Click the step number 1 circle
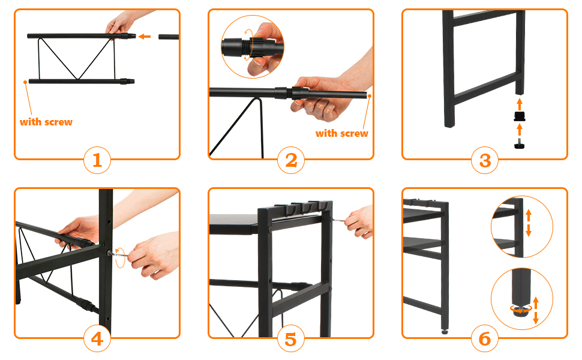pyautogui.click(x=97, y=160)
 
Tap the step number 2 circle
pyautogui.click(x=291, y=160)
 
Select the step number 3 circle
pyautogui.click(x=485, y=160)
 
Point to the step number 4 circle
pyautogui.click(x=97, y=338)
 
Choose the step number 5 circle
pyautogui.click(x=291, y=338)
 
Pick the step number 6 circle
pyautogui.click(x=485, y=338)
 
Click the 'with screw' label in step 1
pyautogui.click(x=46, y=122)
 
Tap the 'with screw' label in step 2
pyautogui.click(x=342, y=134)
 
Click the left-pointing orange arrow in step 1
pyautogui.click(x=145, y=37)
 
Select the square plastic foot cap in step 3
pyautogui.click(x=520, y=116)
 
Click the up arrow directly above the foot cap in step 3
pyautogui.click(x=520, y=104)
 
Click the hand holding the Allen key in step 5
pyautogui.click(x=359, y=223)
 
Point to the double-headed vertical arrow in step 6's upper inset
pyautogui.click(x=529, y=223)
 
